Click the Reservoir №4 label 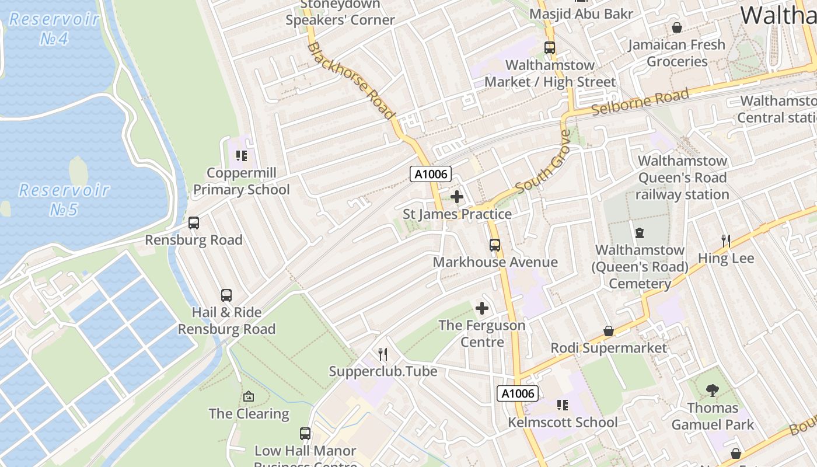click(54, 28)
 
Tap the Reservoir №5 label click(64, 199)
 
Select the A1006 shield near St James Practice click(431, 173)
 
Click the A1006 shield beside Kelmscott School click(517, 393)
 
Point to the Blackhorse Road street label click(350, 81)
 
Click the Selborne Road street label click(640, 102)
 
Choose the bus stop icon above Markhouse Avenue click(495, 245)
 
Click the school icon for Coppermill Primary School click(242, 156)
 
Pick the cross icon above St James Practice click(457, 197)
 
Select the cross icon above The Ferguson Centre click(482, 308)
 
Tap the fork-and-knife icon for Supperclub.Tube click(383, 354)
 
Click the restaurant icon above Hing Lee click(726, 241)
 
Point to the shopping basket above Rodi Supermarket click(609, 331)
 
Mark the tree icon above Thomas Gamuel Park click(712, 390)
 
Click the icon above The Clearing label click(249, 396)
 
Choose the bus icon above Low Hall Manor click(305, 433)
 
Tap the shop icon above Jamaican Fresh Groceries click(677, 27)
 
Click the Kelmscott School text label click(563, 422)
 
